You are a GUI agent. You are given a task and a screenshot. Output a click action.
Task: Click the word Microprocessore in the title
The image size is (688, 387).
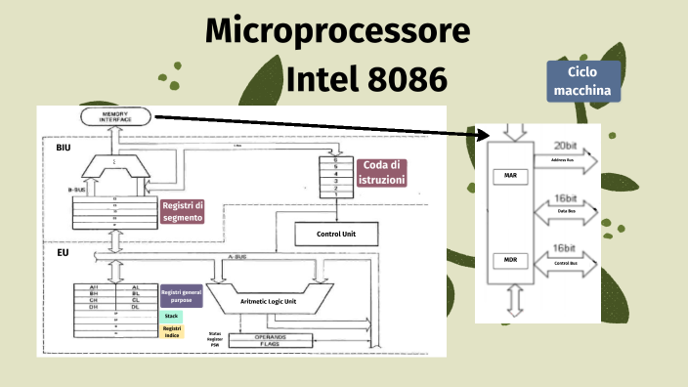[338, 32]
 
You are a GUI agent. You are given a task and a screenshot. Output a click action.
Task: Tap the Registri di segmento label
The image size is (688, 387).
[182, 211]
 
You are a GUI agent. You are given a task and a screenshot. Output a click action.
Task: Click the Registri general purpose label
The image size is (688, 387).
[181, 297]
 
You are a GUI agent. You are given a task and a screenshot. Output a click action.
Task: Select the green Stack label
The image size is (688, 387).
[171, 317]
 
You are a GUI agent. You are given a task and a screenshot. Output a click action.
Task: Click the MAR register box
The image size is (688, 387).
[510, 176]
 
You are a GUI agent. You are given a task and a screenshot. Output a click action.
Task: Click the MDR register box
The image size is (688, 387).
[510, 261]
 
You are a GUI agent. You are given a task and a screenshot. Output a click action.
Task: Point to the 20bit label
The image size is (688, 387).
[566, 145]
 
